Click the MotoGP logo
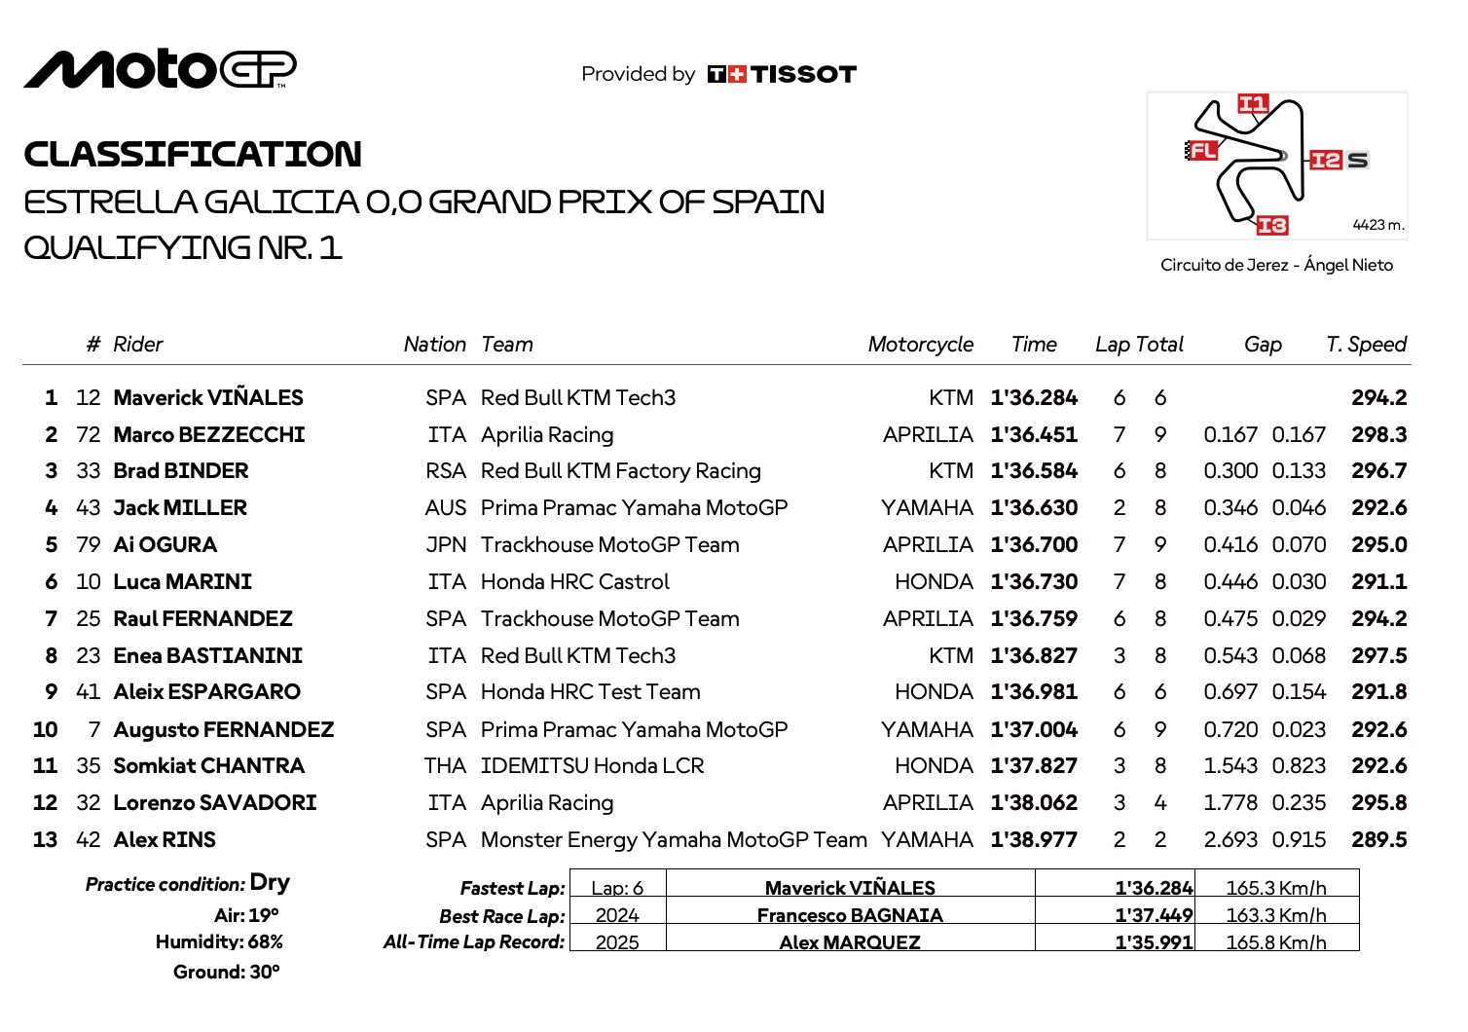pos(160,69)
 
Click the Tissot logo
pos(782,74)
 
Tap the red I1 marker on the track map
pos(1253,104)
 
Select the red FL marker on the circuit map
pos(1202,150)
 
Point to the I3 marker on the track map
pos(1272,226)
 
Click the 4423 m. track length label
pos(1377,225)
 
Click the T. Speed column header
pos(1366,345)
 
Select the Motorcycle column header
pos(920,345)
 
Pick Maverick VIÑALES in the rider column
pos(208,397)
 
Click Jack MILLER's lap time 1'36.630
pos(1034,508)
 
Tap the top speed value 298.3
pos(1378,434)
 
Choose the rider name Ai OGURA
pos(165,545)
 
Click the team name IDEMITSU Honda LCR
pos(592,766)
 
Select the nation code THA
pos(445,766)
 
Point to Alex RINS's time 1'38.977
pos(1034,840)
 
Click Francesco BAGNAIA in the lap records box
pos(850,915)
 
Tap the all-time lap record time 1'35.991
pos(1154,942)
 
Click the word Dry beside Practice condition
pos(270,883)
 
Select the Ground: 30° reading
pos(226,972)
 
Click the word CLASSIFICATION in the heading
pos(193,154)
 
